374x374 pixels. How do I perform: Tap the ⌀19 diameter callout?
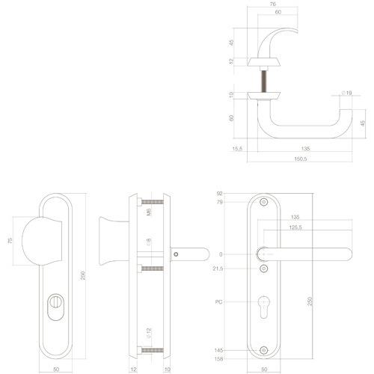pyautogui.click(x=346, y=92)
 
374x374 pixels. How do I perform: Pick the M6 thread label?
pyautogui.click(x=150, y=212)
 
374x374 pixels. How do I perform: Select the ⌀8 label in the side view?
pyautogui.click(x=150, y=242)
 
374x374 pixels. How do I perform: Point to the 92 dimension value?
pyautogui.click(x=218, y=194)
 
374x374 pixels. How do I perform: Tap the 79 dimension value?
pyautogui.click(x=218, y=202)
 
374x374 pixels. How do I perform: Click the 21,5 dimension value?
pyautogui.click(x=218, y=268)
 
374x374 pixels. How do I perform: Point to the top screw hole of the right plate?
pyautogui.click(x=263, y=203)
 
